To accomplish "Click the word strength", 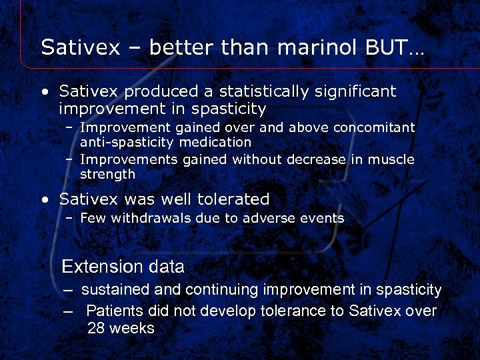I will pos(107,174).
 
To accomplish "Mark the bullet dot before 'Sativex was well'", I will pos(44,200).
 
